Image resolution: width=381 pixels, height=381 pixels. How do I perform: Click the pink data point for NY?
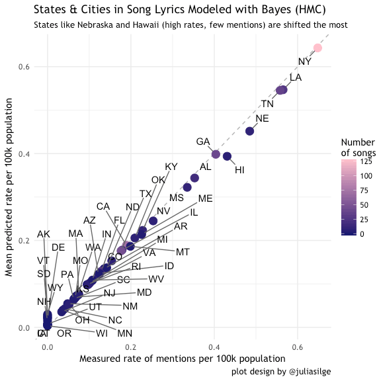[317, 48]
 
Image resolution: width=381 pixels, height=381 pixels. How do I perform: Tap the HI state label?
[239, 170]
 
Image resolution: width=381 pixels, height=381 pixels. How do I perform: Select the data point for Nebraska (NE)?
[249, 131]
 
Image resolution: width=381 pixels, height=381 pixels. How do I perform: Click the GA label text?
[203, 142]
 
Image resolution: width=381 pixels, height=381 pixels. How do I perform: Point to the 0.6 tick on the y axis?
[25, 67]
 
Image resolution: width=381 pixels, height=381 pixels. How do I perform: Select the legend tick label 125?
[366, 161]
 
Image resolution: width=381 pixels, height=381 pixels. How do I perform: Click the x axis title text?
[178, 359]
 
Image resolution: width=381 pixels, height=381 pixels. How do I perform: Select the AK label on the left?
[44, 234]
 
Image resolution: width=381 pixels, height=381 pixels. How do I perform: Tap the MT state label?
[183, 252]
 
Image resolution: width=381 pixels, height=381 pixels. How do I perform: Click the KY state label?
[171, 167]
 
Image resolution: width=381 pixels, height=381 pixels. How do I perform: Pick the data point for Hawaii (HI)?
[227, 156]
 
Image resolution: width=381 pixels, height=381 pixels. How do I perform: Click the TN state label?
[267, 104]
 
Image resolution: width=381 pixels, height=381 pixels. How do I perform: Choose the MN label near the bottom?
[124, 333]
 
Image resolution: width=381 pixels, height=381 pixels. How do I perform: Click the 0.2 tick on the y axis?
[25, 241]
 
